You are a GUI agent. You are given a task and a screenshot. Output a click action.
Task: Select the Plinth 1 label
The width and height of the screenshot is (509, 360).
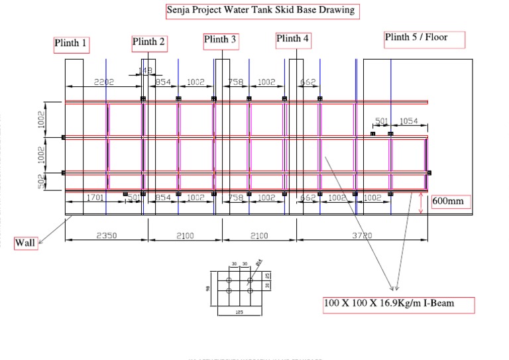coord(71,44)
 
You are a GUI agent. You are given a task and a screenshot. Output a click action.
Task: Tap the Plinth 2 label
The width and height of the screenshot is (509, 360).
coord(149,42)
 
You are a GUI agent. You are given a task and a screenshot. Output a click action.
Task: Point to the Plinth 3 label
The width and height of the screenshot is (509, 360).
coord(221,40)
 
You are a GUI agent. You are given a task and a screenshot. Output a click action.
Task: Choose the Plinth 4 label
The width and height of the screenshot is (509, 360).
coord(293,40)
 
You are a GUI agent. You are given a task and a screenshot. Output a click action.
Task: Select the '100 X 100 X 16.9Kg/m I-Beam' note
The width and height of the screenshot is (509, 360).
coord(398,304)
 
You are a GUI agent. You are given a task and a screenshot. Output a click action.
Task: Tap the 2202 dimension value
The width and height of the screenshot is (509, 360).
coord(104,82)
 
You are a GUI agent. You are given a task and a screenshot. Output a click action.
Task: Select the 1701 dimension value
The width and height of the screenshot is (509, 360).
coord(95,197)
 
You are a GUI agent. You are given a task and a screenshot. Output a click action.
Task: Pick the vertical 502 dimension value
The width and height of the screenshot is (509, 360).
coord(41,182)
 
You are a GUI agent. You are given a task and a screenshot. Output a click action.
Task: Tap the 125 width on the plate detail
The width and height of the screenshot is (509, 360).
coord(238,311)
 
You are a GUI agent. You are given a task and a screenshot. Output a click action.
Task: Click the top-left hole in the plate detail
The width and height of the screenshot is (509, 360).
coord(229,280)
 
